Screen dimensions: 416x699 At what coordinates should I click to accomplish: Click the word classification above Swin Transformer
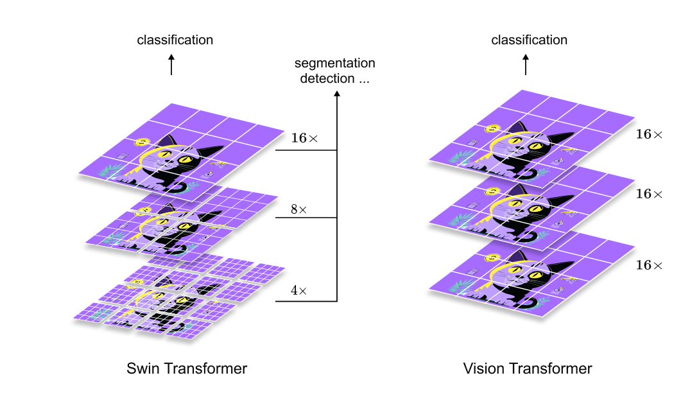tap(175, 40)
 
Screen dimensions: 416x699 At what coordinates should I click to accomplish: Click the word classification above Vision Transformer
tap(529, 40)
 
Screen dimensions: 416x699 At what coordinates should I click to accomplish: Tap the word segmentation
tap(334, 64)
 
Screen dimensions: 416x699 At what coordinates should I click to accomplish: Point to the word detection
tap(327, 79)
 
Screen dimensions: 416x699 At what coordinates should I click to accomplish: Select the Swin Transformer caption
tap(187, 368)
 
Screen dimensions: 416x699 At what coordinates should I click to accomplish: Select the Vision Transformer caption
tap(528, 368)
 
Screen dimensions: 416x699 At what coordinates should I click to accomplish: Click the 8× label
tap(298, 209)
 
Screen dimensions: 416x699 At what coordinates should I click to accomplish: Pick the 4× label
tap(298, 291)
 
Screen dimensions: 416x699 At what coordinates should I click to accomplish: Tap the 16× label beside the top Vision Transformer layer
tap(649, 134)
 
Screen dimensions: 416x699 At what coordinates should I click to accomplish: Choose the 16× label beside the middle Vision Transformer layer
tap(649, 194)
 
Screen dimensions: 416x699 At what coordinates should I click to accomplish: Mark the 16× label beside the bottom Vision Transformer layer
tap(649, 265)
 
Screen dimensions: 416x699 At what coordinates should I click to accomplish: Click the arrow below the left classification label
tap(171, 64)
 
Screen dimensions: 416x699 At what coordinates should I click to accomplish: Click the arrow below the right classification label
tap(526, 64)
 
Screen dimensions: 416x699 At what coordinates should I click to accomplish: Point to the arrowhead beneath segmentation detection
tap(337, 94)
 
